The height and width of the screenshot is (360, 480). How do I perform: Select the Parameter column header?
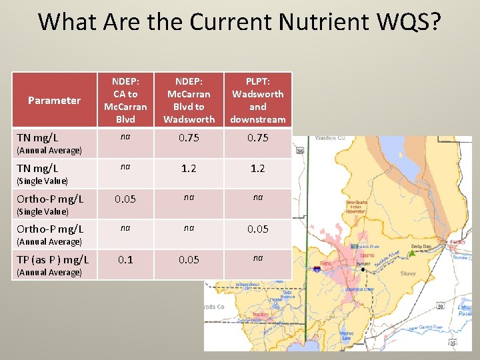point(54,101)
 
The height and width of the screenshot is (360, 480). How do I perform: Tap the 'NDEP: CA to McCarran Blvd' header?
point(125,100)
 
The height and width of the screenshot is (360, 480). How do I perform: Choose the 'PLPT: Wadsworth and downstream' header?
point(257,100)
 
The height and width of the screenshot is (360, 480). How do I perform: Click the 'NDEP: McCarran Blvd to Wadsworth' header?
point(189,100)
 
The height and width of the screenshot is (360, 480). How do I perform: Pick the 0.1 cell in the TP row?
point(125,259)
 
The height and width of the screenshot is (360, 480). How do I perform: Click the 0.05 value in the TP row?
point(189,259)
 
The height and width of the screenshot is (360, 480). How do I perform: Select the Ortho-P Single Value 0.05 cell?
point(125,199)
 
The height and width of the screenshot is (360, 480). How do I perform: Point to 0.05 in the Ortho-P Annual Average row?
point(257,229)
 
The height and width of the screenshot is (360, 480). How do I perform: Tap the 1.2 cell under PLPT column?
point(257,169)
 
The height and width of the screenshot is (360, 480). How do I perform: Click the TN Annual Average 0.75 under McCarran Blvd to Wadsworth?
point(189,138)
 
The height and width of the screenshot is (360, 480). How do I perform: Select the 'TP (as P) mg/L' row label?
point(53,259)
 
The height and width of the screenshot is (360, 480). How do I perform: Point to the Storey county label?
point(408,274)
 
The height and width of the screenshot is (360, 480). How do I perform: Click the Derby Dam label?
point(422,245)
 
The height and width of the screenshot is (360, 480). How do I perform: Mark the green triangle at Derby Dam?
point(412,253)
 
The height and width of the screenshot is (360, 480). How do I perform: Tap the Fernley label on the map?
point(458,242)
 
